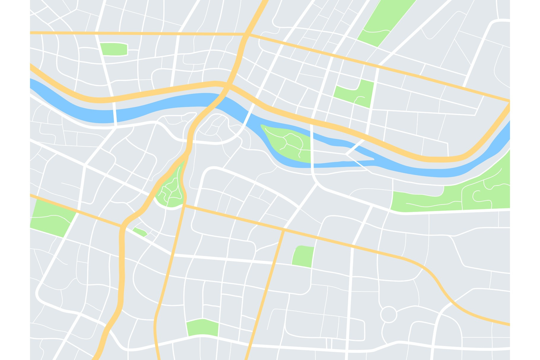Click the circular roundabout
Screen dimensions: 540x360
click(x=388, y=314)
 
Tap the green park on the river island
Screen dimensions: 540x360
click(x=285, y=142)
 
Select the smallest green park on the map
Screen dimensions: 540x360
click(x=140, y=231)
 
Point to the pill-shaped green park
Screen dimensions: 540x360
click(x=114, y=49)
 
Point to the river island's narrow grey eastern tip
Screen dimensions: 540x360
click(x=372, y=160)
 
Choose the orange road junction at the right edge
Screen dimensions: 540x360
click(x=509, y=102)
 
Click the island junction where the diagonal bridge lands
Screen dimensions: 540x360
click(x=346, y=154)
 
